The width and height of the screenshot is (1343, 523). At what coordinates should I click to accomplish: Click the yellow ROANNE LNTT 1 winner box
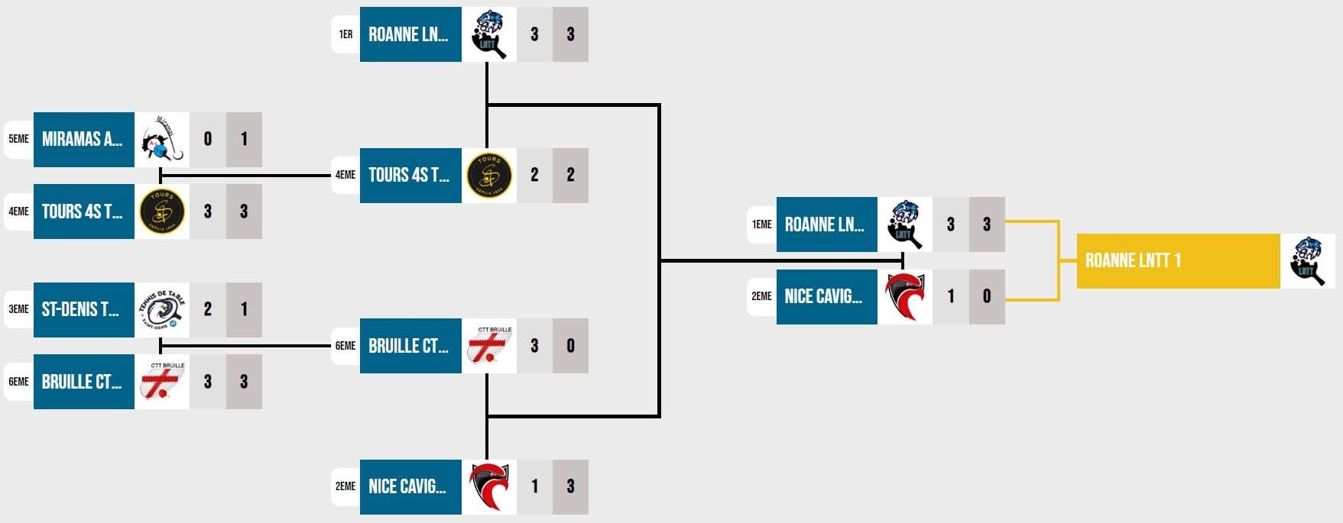coord(1178,261)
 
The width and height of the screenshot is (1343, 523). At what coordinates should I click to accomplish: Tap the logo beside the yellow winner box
coord(1308,261)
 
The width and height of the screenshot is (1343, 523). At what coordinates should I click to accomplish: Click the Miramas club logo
coord(162,140)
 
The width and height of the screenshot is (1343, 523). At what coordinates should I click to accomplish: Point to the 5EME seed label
coord(18,140)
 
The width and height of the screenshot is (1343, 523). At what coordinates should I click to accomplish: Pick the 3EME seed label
coord(18,310)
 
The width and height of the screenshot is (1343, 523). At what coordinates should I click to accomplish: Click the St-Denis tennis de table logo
coord(162,310)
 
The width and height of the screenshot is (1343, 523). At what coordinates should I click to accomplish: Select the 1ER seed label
coord(345,34)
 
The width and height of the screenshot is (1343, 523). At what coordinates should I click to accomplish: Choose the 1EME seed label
coord(761,224)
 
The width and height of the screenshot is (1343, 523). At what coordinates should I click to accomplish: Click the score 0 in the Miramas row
coord(208,140)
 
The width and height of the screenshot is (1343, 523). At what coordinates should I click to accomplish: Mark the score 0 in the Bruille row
coord(570,346)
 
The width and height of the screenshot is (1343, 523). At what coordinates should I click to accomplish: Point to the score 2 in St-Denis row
coord(208,310)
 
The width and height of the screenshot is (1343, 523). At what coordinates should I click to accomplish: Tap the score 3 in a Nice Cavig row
coord(570,487)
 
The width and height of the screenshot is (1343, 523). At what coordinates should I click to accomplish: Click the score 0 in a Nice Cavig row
coord(987,297)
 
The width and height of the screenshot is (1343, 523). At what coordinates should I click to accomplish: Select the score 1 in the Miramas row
coord(244,140)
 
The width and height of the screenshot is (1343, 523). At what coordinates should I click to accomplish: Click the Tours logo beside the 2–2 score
coord(489,176)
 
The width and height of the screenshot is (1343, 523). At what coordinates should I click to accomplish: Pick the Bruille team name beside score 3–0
coord(410,346)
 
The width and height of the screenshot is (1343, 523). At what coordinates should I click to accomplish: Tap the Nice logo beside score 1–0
coord(904,297)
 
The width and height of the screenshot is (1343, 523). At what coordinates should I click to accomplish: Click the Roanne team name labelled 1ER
coord(410,34)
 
